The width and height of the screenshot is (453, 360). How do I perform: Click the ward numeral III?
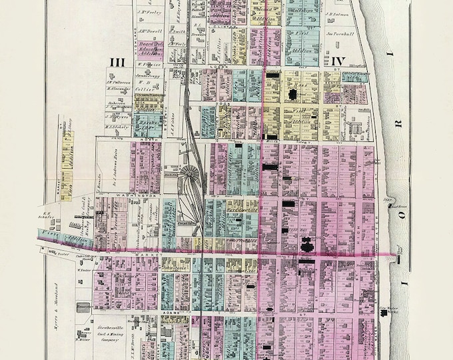click(x=117, y=62)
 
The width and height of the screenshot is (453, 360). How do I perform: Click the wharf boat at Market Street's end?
click(x=400, y=251)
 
